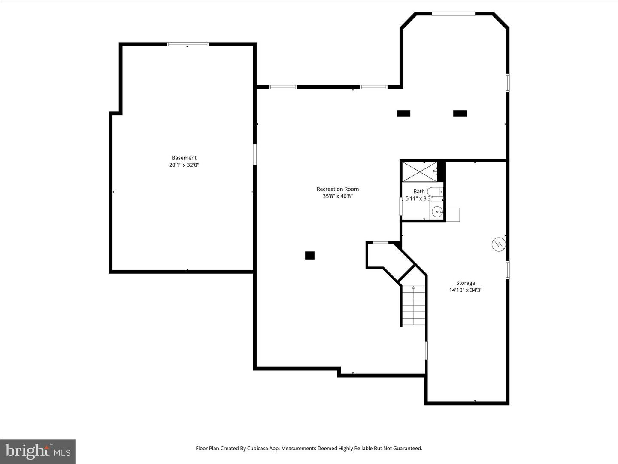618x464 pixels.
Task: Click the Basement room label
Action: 184,158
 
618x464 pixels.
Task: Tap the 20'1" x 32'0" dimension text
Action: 184,165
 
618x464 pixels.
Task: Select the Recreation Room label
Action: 338,189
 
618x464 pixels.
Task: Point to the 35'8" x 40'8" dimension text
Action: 338,196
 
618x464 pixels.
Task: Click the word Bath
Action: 419,192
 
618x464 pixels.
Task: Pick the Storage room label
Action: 466,283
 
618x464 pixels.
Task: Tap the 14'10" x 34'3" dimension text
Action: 466,290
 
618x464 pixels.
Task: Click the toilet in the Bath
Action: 434,192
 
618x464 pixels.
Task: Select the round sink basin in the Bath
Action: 436,211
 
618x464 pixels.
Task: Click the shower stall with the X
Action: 419,171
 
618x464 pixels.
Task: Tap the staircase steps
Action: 414,305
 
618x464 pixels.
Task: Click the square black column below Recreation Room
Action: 310,256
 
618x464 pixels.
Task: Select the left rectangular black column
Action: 403,114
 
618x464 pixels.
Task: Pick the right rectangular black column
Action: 460,114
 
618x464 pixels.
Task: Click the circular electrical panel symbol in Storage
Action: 499,244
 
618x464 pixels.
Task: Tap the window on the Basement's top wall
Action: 188,44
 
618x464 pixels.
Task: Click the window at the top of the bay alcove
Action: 453,14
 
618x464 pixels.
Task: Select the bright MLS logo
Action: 38,451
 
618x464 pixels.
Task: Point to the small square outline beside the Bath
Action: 453,214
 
